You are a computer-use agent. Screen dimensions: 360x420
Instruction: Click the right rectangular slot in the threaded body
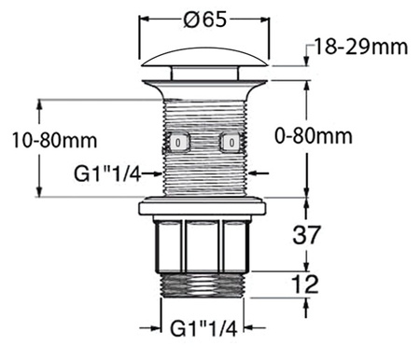(x=230, y=143)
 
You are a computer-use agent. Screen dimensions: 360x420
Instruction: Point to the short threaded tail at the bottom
(x=203, y=283)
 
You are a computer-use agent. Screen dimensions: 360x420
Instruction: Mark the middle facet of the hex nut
(x=203, y=244)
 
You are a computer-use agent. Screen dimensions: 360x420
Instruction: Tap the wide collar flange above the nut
(x=203, y=206)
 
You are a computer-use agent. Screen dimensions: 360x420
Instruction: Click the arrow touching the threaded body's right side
(x=259, y=173)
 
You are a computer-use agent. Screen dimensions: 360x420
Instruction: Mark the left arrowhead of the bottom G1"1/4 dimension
(x=160, y=328)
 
